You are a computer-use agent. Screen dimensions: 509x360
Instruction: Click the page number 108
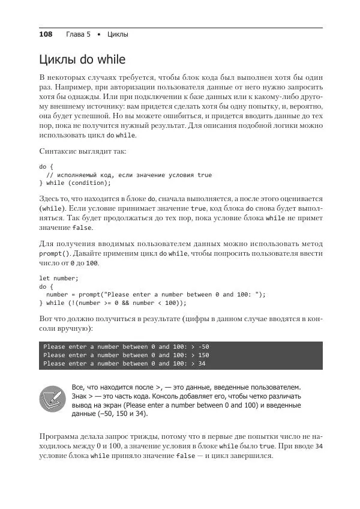point(46,34)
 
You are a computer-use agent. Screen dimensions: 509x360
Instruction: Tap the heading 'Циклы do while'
point(82,60)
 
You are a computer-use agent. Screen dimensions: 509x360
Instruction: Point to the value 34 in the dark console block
point(201,364)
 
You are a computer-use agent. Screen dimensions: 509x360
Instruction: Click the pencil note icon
point(53,399)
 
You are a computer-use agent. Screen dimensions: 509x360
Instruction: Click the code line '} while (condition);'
point(75,183)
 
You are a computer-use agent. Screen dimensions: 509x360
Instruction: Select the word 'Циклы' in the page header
point(118,34)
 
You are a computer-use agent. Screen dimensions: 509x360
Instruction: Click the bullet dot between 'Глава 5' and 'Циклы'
point(98,34)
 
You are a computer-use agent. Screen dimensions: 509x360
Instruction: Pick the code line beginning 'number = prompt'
point(155,295)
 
